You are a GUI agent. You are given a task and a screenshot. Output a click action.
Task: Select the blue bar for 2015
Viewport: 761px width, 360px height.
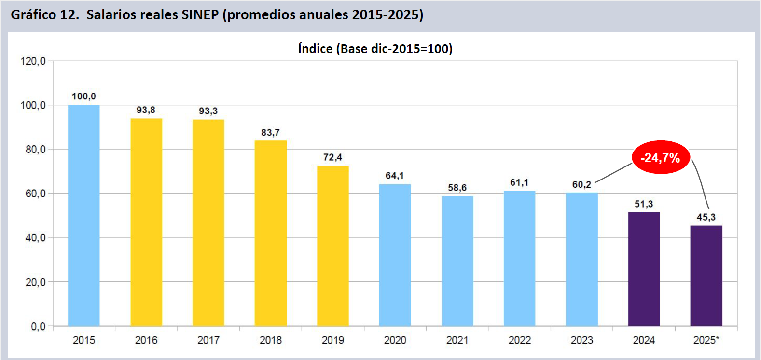(x=84, y=215)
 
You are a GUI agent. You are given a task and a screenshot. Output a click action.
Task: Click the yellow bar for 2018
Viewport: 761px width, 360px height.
(x=271, y=233)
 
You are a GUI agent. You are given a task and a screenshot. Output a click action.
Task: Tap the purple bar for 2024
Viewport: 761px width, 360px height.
(x=644, y=269)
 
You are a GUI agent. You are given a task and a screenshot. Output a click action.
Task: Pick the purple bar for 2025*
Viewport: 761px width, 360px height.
(x=706, y=276)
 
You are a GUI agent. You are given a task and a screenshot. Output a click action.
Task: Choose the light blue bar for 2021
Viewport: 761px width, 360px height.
(x=457, y=261)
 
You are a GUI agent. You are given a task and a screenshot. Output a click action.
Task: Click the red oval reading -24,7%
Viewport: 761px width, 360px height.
(x=661, y=157)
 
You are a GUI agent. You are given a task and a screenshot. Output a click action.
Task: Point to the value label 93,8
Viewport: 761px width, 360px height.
(x=146, y=110)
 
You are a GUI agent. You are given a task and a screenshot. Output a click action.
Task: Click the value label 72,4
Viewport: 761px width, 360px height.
(x=332, y=157)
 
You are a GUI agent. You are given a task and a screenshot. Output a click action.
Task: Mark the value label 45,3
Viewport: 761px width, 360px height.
(x=706, y=217)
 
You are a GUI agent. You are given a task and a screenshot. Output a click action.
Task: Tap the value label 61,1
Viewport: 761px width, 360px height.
(x=519, y=182)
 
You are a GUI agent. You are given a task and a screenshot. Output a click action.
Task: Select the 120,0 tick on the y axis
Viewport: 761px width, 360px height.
(x=33, y=61)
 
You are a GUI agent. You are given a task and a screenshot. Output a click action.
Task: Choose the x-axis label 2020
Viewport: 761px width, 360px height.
(x=395, y=340)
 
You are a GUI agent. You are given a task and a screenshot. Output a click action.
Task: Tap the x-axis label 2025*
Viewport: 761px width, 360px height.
(x=706, y=340)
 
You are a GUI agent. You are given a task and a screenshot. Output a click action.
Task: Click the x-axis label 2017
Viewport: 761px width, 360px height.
(x=208, y=340)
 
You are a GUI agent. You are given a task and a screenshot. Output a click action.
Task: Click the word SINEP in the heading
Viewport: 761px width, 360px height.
(x=200, y=14)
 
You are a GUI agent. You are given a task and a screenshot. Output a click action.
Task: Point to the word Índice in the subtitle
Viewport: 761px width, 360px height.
(x=316, y=49)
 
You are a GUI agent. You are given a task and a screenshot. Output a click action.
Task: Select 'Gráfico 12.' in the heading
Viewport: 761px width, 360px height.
(x=45, y=14)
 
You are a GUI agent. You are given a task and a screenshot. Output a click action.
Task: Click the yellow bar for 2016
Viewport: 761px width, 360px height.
(x=146, y=222)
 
